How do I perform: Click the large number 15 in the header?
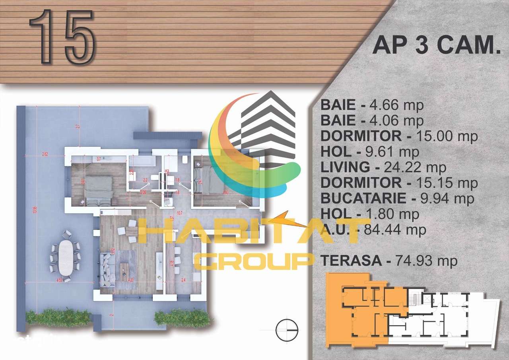tap(62, 37)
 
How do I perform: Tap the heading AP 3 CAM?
tap(436, 46)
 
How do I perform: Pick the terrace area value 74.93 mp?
tap(426, 261)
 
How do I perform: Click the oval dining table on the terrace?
tap(64, 257)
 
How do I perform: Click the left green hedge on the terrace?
tap(58, 317)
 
